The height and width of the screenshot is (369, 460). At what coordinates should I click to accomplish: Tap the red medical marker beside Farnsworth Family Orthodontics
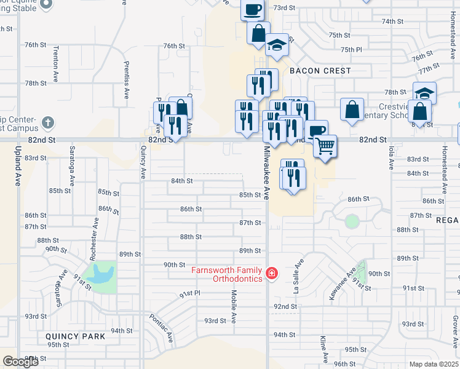(271, 272)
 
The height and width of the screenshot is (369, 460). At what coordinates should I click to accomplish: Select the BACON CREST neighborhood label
(320, 71)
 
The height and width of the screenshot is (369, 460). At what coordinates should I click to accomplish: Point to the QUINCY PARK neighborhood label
(75, 336)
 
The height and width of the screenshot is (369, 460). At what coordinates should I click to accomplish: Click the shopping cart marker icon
(325, 146)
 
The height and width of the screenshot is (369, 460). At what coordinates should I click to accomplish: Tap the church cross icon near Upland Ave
(47, 123)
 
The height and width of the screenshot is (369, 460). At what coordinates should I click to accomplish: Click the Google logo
(20, 362)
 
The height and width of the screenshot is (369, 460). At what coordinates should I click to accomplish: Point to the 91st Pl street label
(190, 295)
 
